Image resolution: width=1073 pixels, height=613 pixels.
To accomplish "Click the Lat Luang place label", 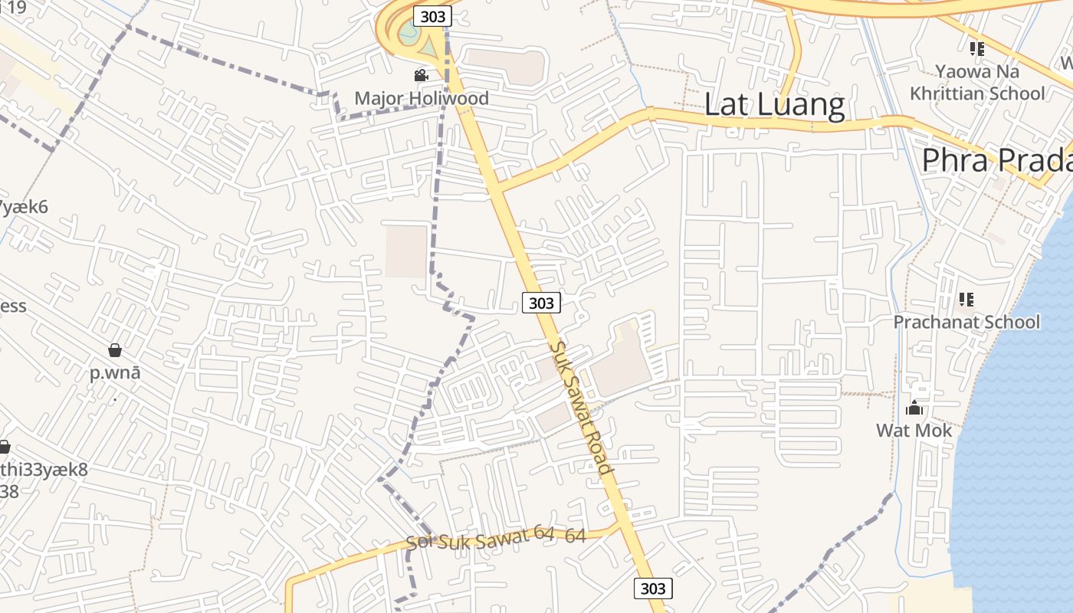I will pos(774,105).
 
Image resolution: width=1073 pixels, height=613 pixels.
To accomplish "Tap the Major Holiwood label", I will pos(422,98).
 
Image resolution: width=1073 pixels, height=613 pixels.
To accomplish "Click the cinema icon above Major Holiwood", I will pos(421,75).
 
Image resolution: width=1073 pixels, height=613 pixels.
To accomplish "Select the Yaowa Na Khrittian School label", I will pos(977,83).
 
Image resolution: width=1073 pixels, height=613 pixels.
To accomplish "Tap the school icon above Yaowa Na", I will pos(976,49).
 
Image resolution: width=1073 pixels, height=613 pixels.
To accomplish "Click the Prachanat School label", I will pos(966,322).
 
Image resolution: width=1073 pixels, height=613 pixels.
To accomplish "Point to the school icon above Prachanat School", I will pos(966,299).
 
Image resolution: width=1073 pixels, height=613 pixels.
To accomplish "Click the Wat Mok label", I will pos(914,431).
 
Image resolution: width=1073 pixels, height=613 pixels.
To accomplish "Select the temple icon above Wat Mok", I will pos(914,408).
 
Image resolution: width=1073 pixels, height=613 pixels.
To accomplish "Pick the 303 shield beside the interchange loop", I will pos(432,16).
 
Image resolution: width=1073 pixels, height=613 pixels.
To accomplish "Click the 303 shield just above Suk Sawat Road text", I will pos(541,303).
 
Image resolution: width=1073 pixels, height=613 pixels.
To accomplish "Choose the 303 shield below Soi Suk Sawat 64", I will pos(653,588).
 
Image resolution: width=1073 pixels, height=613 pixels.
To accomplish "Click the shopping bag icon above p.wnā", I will pos(115,350).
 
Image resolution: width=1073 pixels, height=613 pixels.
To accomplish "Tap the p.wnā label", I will pos(115,373).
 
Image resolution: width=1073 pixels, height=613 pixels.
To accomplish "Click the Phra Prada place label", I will pos(996,161).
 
